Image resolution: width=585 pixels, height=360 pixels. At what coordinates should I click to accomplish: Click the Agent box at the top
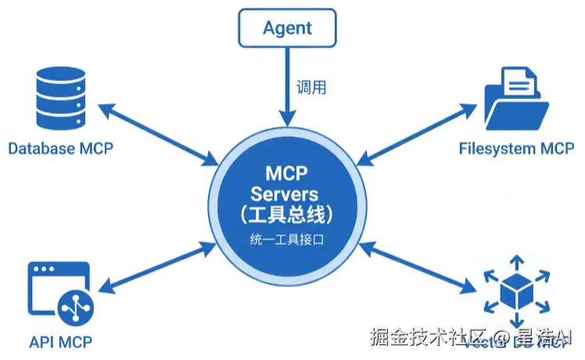tap(287, 28)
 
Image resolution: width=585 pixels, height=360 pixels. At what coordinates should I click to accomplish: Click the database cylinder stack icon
tap(60, 99)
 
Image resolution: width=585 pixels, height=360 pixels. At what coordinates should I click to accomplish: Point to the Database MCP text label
tap(61, 149)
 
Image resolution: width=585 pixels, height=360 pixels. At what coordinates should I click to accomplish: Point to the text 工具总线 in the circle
tap(288, 214)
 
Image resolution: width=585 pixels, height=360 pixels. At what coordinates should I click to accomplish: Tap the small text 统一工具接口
tap(288, 239)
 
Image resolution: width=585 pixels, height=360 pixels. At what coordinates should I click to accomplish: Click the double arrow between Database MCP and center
tap(160, 134)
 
